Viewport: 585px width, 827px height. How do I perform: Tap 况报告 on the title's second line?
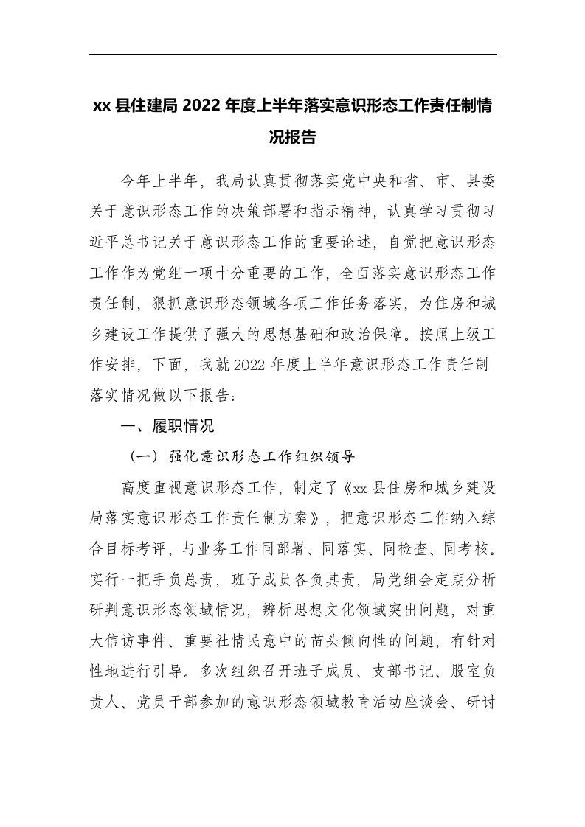293,137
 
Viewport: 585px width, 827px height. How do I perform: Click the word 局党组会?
391,550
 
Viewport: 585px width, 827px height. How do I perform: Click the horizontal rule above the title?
293,54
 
